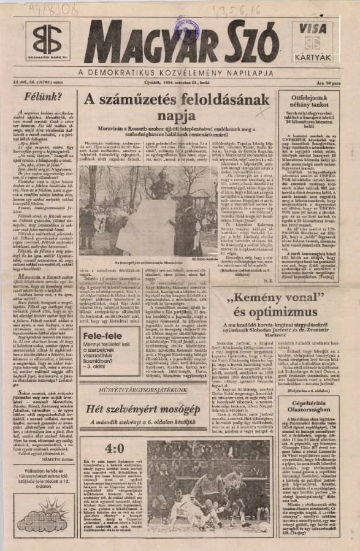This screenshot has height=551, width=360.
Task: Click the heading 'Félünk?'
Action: [42, 96]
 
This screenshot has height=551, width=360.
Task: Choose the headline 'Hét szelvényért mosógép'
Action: [148, 409]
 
